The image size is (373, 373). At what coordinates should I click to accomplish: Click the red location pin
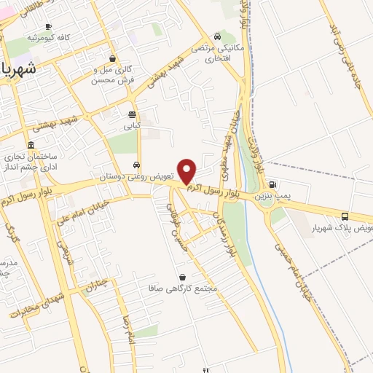click(187, 170)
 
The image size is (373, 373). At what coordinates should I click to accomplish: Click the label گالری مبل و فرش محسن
click(111, 74)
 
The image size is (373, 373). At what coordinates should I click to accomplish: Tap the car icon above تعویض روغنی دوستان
click(138, 164)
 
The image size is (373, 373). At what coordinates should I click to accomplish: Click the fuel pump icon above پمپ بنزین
click(272, 184)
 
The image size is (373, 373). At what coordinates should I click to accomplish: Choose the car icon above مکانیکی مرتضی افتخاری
click(217, 38)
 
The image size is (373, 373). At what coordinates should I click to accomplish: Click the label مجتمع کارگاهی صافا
click(192, 289)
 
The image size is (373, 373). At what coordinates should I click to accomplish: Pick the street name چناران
click(97, 284)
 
